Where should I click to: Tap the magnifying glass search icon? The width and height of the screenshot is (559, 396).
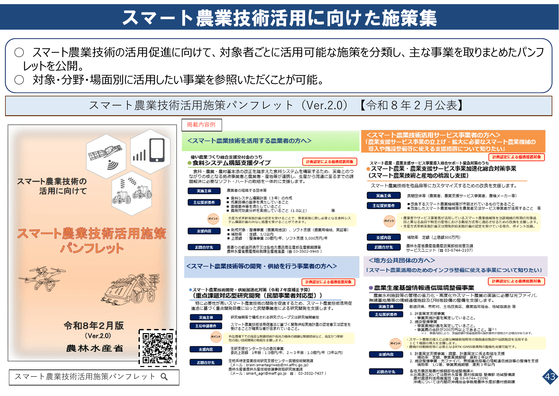coord(164,377)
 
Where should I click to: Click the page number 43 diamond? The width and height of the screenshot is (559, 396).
coord(550,377)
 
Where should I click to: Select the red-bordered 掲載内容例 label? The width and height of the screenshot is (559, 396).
coord(201,125)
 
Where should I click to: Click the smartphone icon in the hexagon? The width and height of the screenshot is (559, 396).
coord(157,150)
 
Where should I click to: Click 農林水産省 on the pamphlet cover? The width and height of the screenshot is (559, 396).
coord(95,348)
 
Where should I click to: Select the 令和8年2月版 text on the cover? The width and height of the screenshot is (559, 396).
coord(94,325)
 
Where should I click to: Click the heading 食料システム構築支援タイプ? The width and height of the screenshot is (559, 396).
coord(232,163)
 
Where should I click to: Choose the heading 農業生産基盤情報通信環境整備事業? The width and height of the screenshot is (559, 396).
coord(424,288)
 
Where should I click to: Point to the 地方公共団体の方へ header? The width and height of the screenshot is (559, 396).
coord(402,260)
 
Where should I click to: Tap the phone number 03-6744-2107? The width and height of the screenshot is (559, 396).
coord(458,250)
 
